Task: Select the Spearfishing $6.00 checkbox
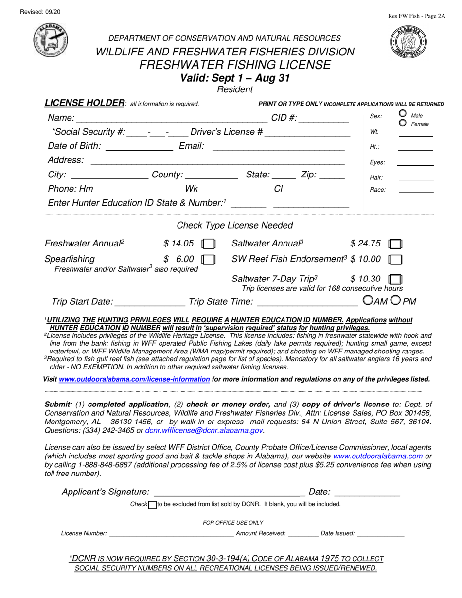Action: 208,260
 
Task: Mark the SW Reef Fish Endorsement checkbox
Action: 395,260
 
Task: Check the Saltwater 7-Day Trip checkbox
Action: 396,280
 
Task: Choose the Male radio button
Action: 403,113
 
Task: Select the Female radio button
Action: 403,123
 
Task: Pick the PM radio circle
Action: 395,301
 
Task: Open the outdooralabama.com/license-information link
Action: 134,379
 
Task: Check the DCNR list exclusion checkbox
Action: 152,505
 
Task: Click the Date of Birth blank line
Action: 139,148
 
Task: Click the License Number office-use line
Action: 171,534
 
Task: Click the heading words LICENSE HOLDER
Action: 85,103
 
